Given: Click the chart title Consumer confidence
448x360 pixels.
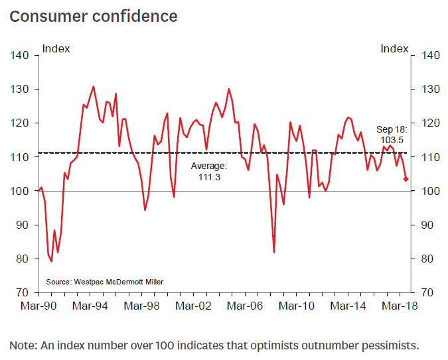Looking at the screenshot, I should tap(94, 16).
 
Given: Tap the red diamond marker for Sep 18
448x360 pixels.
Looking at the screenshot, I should tap(406, 179).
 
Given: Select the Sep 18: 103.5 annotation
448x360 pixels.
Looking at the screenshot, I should tap(392, 136).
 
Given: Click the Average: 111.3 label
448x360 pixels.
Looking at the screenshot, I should tap(209, 171).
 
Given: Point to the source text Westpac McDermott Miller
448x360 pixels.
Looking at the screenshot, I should tap(105, 282).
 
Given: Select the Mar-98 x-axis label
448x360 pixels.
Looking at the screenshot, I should tap(142, 306).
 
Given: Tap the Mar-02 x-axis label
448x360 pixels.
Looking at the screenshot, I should tap(194, 306).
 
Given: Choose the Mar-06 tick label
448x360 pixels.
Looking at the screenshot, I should tap(247, 306).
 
